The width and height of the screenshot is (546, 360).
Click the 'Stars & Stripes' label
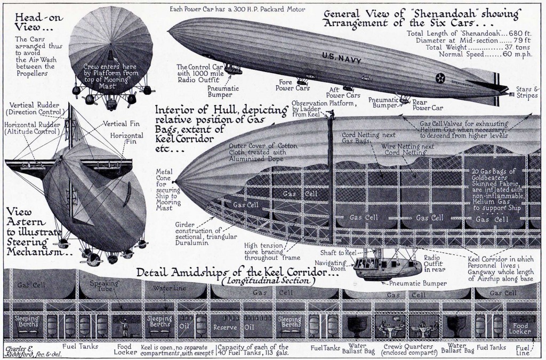point(527,92)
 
